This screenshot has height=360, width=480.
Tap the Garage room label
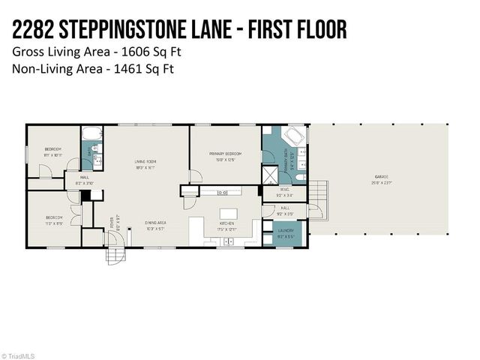382,178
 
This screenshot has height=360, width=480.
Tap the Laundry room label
286,231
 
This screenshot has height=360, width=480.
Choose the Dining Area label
155,223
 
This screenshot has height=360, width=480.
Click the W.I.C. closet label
285,190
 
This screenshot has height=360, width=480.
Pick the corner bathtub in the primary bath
292,139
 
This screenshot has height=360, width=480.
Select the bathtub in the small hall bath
91,136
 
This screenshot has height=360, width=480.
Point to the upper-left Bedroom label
52,150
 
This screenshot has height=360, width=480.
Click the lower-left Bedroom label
52,217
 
